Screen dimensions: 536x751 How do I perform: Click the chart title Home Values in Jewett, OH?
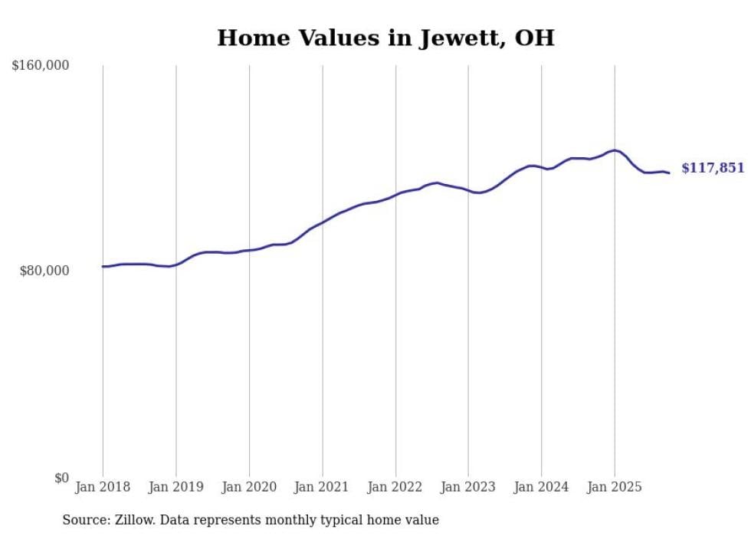pyautogui.click(x=385, y=38)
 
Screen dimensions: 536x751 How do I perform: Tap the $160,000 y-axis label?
pyautogui.click(x=41, y=66)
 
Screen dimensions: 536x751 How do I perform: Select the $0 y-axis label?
pyautogui.click(x=61, y=478)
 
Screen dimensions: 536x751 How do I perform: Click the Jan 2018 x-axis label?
pyautogui.click(x=103, y=487)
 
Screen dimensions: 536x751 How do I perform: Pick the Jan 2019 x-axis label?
pyautogui.click(x=175, y=487)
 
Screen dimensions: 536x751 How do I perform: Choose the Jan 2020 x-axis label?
pyautogui.click(x=249, y=487)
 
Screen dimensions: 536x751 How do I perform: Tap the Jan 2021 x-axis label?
pyautogui.click(x=322, y=487)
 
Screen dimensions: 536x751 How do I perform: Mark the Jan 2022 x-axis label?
pyautogui.click(x=395, y=487)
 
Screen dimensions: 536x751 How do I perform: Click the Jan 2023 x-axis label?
pyautogui.click(x=468, y=487)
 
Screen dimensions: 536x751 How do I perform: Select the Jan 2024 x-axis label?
pyautogui.click(x=542, y=487)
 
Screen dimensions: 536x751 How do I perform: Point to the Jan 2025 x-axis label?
pyautogui.click(x=615, y=487)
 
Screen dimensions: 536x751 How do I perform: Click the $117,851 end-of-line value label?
pyautogui.click(x=713, y=168)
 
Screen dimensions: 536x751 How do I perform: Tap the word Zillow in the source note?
pyautogui.click(x=134, y=520)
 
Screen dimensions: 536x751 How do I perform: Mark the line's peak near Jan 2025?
pyautogui.click(x=614, y=150)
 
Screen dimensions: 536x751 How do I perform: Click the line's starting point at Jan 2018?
pyautogui.click(x=103, y=267)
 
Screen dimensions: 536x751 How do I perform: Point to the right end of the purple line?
pyautogui.click(x=669, y=173)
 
